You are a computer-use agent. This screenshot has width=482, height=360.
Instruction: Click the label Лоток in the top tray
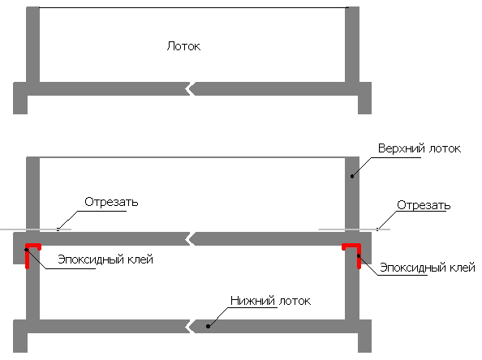pos(183,46)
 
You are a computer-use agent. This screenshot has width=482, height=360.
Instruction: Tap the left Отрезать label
pos(111,202)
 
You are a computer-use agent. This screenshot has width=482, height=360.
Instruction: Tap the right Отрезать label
pos(424,205)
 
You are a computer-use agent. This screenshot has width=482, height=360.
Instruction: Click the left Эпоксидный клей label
pos(105,259)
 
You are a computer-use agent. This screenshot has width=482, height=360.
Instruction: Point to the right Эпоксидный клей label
pos(428,268)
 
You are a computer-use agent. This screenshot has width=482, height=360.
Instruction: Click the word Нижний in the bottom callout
pos(252,301)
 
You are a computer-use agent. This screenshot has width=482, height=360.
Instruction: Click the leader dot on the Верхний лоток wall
pos(352,176)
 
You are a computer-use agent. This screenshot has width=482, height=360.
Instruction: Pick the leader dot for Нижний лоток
pos(208,326)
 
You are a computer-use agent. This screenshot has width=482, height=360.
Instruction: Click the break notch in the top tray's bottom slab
pos(190,88)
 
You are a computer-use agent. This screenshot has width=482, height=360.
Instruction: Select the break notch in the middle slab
pos(190,238)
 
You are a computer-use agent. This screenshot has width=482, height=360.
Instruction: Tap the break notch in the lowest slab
pos(190,326)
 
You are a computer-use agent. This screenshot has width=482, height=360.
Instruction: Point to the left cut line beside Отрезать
pos(36,229)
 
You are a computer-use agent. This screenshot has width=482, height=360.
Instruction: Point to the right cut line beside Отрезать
pos(354,229)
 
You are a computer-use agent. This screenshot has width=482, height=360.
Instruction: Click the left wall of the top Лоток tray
pos(33,45)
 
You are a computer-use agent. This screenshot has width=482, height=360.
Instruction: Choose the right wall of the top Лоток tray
pos(352,45)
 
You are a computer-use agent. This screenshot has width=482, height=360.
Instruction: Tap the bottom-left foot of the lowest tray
pos(20,342)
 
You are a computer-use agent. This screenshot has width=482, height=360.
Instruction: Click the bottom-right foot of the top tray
pos(365,105)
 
